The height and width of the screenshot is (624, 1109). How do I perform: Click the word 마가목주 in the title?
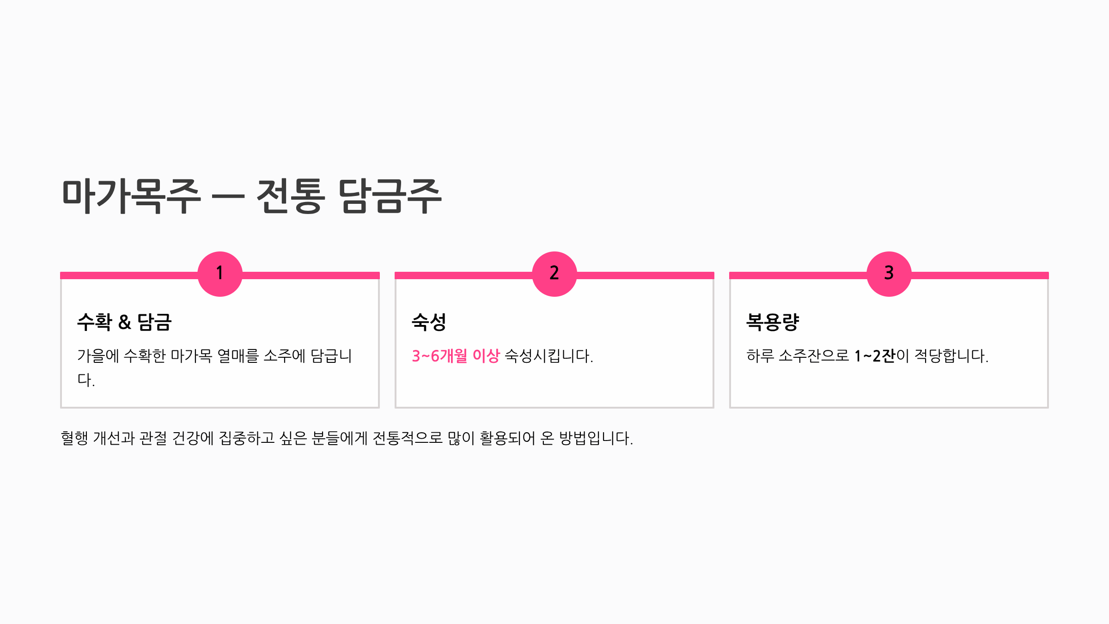[x=131, y=196]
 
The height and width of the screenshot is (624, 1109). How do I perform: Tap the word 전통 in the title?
[x=291, y=196]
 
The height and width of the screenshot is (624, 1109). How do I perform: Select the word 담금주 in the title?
[x=390, y=196]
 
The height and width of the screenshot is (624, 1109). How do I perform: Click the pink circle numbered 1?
[x=220, y=274]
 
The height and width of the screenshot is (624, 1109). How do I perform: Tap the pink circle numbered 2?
[x=554, y=274]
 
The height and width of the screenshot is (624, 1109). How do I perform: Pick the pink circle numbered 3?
[x=889, y=274]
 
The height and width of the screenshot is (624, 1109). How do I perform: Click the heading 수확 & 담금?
[x=124, y=322]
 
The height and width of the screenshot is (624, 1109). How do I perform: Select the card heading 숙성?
[x=429, y=322]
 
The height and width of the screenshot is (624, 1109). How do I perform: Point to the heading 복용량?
[x=773, y=322]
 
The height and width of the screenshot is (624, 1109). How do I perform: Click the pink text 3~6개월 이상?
[x=456, y=356]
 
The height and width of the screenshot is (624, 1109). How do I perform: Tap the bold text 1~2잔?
[x=875, y=356]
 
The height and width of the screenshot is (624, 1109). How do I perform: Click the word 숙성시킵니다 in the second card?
[x=548, y=356]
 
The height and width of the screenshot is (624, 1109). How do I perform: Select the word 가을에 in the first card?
[x=98, y=356]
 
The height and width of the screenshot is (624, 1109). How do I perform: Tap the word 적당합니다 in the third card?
[x=951, y=356]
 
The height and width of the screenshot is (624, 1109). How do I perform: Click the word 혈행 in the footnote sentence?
[x=74, y=438]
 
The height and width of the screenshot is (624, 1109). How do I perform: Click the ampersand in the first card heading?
[x=125, y=323]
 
